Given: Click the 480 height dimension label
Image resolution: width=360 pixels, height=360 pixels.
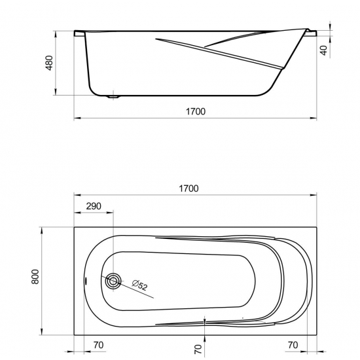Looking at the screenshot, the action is point(49,63).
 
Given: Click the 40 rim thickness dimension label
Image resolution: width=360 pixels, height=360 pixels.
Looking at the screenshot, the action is point(323,50).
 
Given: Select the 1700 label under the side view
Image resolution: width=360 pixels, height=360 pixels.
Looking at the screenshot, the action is point(196,111).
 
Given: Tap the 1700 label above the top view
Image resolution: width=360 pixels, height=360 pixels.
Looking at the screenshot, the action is point(189,189).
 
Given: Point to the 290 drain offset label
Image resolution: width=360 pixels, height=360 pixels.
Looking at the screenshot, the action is point(94,206).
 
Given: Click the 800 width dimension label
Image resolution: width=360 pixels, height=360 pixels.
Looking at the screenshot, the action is point(35,277).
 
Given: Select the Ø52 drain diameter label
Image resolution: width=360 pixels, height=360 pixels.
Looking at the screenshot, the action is point(139,285).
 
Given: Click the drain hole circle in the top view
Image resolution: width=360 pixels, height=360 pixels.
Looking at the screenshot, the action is point(113,281).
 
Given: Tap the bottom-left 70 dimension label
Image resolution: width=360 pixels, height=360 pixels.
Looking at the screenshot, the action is point(98,345).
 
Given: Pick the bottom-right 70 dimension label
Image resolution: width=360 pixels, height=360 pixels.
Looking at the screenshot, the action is point(293,345).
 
